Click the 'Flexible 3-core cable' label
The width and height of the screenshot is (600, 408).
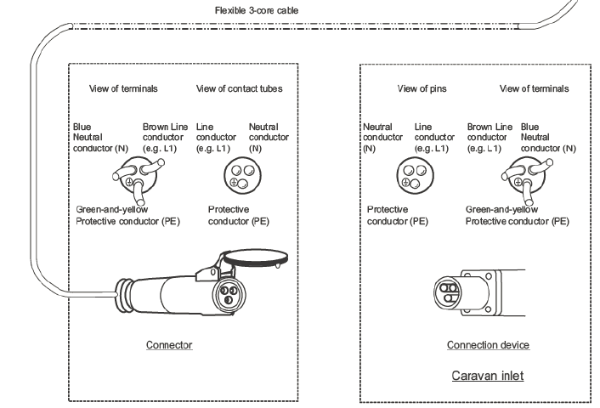coord(257,10)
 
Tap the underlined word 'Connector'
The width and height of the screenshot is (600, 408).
coord(169,345)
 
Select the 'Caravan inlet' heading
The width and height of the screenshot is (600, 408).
coord(488,376)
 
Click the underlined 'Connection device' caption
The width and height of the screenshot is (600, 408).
coord(488,345)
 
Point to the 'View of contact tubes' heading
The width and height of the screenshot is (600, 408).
coord(239,88)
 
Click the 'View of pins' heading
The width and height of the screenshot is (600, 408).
coord(422,88)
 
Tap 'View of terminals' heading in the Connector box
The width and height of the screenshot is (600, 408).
coord(123,88)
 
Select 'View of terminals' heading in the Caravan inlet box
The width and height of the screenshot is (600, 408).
coord(534,88)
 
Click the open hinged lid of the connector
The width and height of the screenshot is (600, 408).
coord(256,258)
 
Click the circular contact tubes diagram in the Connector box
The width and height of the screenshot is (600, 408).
coord(242,177)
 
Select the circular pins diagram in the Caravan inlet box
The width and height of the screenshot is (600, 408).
coord(415,177)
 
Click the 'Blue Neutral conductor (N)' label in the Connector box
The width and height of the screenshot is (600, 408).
coord(100,138)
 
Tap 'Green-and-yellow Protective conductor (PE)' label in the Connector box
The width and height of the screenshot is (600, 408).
coord(127,216)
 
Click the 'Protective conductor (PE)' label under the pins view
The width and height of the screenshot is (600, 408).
coord(397,216)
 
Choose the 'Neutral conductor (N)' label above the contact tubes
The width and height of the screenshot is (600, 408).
coord(269,138)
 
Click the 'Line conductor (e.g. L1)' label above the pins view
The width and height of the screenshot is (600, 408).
coord(434,138)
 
